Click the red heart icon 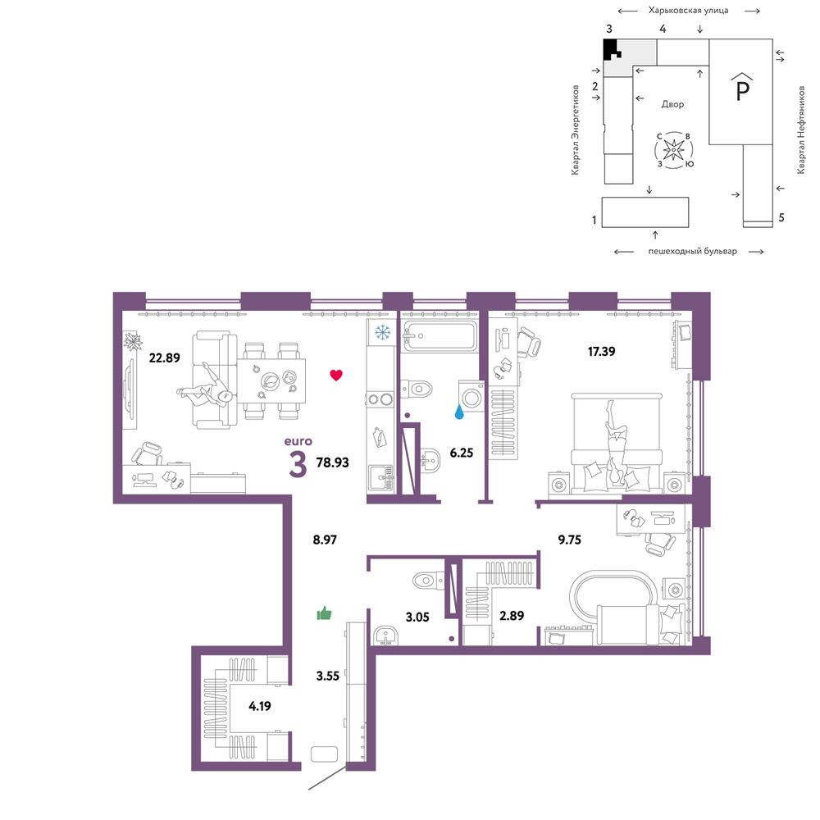point(336,375)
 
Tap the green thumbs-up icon point(324,613)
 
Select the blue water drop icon point(459,412)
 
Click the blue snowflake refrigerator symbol point(383,332)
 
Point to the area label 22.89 point(164,358)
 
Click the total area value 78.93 point(333,462)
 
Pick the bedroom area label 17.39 point(601,352)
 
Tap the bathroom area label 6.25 point(461,453)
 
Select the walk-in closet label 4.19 point(260,706)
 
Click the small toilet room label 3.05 point(417,617)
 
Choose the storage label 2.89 point(512,616)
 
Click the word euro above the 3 point(298,441)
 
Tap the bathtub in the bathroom point(440,336)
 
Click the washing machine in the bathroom point(471,396)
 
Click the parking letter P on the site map point(742,88)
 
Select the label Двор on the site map point(672,104)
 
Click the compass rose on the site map point(674,150)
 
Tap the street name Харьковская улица point(688,10)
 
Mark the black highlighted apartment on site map point(610,48)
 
